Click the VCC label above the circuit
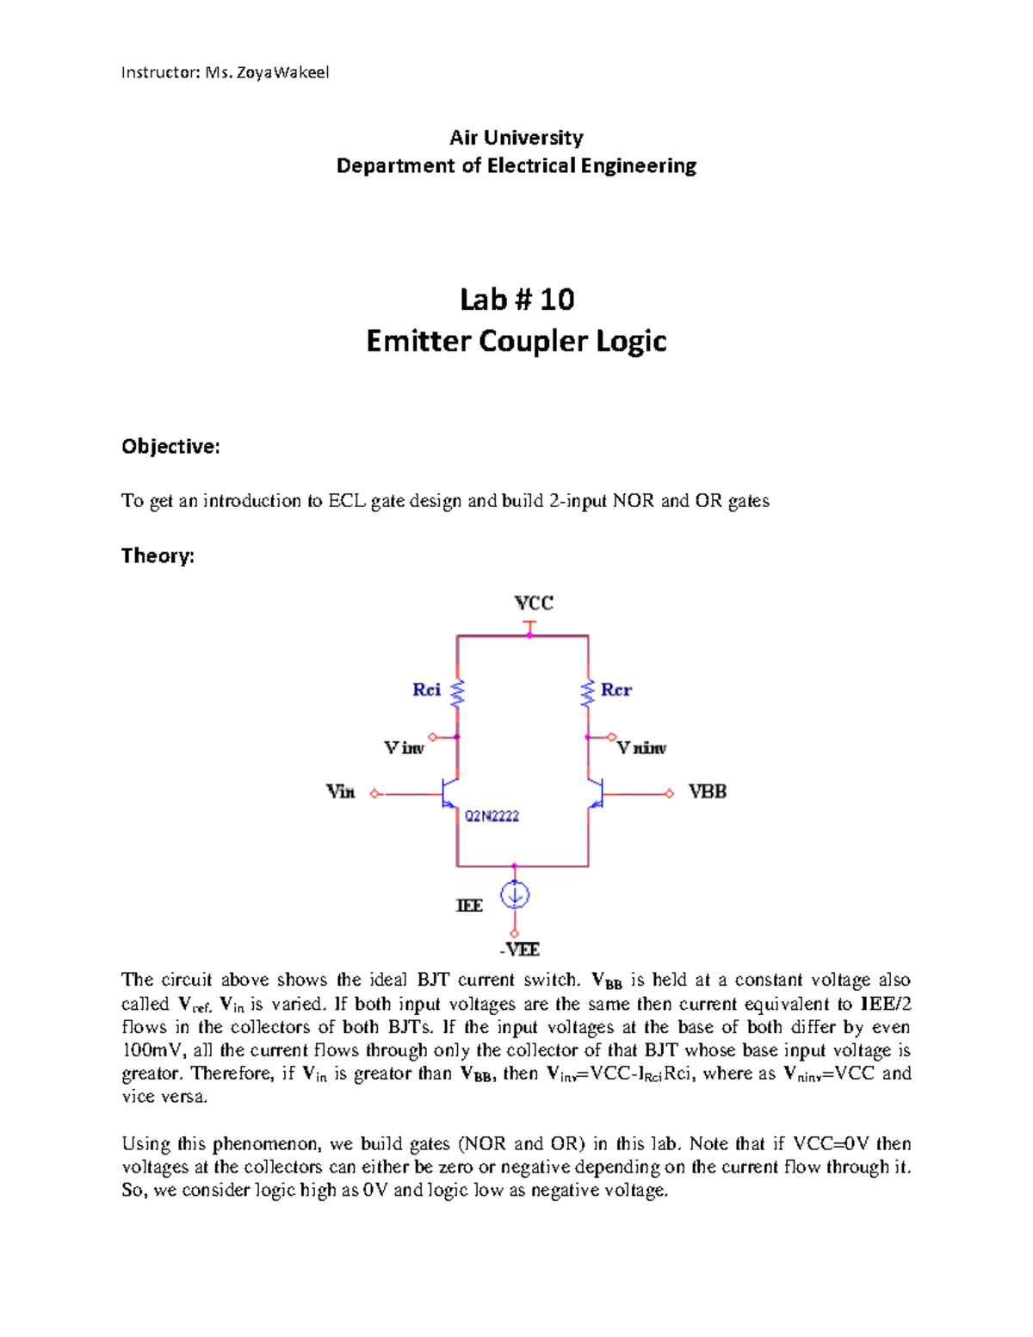[533, 603]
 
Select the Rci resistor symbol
[457, 691]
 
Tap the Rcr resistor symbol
[588, 692]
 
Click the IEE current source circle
[515, 895]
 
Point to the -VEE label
[519, 950]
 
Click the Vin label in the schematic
[340, 791]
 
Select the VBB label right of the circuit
[708, 791]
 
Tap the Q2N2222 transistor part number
[492, 816]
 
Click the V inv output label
[404, 748]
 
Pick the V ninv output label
[641, 748]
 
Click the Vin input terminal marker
[374, 794]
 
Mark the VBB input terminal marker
[670, 794]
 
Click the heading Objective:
[170, 446]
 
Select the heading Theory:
[158, 555]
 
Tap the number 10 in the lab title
[557, 299]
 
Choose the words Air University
[516, 138]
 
